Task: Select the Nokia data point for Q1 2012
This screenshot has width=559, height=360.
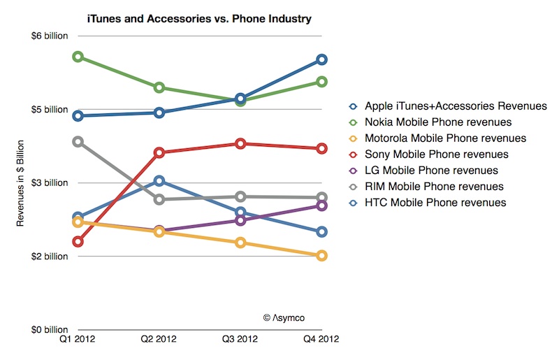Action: click(78, 57)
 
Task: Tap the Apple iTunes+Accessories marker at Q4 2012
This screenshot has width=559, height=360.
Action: click(321, 59)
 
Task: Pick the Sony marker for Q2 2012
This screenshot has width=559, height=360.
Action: click(159, 152)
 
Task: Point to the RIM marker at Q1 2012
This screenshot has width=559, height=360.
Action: click(78, 142)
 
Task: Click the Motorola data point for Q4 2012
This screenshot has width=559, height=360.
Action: click(321, 256)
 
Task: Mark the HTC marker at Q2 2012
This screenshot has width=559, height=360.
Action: click(159, 181)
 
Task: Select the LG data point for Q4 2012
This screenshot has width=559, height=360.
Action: click(321, 206)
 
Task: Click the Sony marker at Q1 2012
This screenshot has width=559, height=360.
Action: click(78, 242)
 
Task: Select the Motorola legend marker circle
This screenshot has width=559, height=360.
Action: click(354, 138)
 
